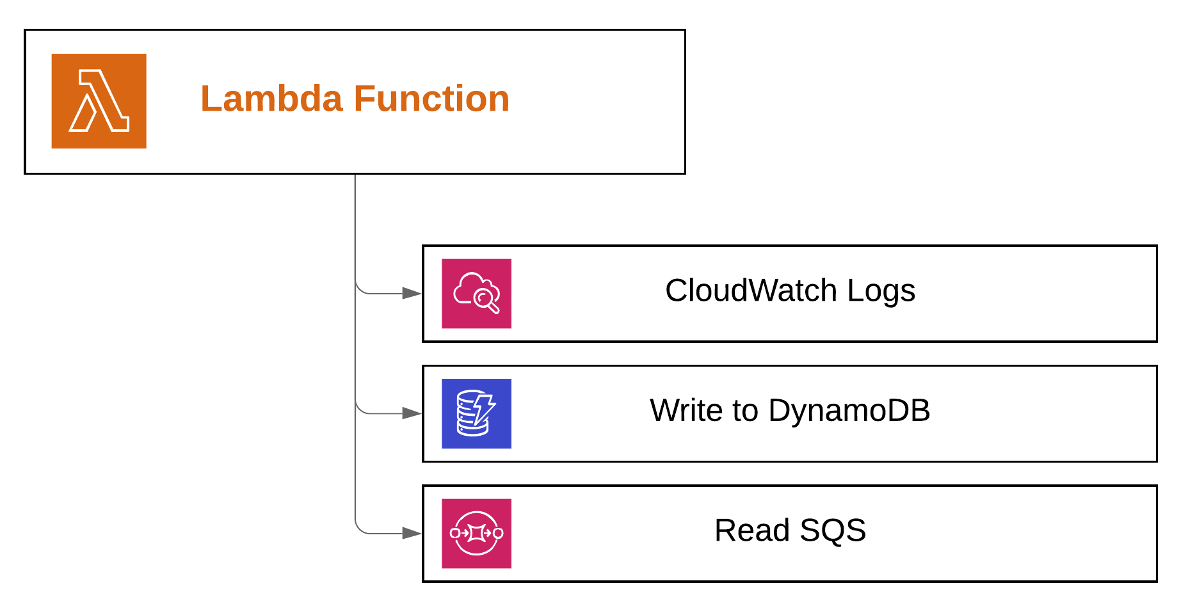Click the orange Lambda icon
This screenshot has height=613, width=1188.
[99, 101]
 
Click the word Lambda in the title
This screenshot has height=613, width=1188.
[271, 99]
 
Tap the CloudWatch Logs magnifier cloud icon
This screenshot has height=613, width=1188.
[476, 294]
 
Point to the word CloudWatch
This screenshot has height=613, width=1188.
[750, 291]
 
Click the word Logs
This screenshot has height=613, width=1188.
[881, 292]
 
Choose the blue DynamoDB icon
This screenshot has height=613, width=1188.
[476, 413]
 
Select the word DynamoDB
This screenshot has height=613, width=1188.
[849, 410]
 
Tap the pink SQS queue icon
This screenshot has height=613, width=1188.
[476, 533]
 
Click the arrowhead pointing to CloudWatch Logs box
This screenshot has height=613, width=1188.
[412, 294]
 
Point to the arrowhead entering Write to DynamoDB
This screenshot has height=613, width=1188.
[412, 413]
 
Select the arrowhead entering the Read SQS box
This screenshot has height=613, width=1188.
[412, 533]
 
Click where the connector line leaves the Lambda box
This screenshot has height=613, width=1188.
[355, 175]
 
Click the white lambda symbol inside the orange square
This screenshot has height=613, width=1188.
[100, 101]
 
